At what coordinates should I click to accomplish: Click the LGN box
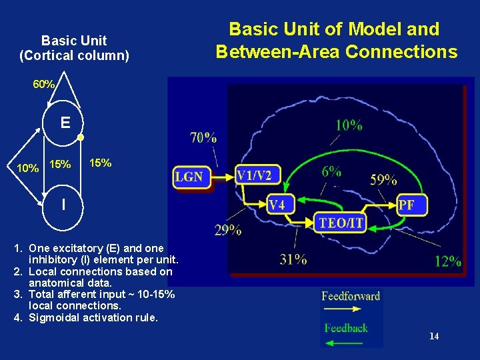click(x=189, y=177)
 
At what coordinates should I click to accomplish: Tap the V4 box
click(x=277, y=205)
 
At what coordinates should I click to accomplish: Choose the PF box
click(x=406, y=205)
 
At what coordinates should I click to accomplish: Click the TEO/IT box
click(x=341, y=222)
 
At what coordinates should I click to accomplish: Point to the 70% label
click(x=203, y=138)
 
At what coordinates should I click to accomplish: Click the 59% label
click(x=383, y=179)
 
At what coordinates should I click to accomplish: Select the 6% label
click(x=331, y=171)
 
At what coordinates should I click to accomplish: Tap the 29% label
click(x=228, y=231)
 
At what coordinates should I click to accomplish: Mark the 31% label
click(x=293, y=259)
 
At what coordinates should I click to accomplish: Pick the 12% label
click(x=447, y=261)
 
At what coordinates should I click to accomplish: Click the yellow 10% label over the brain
click(x=349, y=125)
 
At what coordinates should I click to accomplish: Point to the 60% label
click(x=44, y=85)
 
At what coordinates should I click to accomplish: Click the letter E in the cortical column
click(x=65, y=123)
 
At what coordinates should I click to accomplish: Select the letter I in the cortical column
click(x=63, y=205)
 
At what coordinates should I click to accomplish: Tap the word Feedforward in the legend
click(x=351, y=296)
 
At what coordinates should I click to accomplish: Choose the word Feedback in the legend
click(x=346, y=327)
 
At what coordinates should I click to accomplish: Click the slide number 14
click(x=434, y=336)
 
